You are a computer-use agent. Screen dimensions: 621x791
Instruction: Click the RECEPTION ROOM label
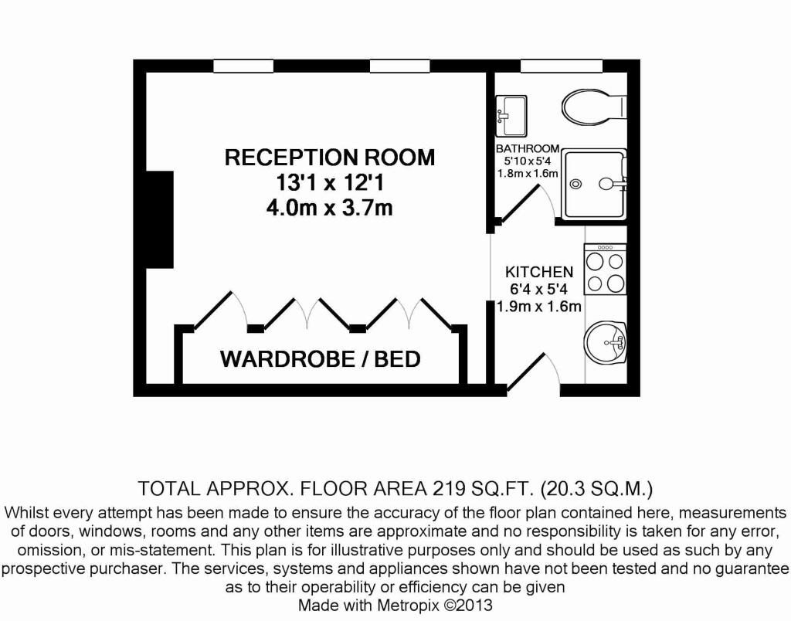pos(330,158)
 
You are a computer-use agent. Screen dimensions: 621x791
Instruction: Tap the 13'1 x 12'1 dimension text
pos(330,184)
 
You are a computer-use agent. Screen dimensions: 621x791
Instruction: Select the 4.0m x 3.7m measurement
pos(330,209)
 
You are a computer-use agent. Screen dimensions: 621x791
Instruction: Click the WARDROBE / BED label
pos(321,359)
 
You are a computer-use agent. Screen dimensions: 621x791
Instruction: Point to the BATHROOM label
pos(528,148)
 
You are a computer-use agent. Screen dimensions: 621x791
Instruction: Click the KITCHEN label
pos(539,272)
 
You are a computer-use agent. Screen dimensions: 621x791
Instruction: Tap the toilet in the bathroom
pos(593,107)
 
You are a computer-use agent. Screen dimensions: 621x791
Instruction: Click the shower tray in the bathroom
pos(593,184)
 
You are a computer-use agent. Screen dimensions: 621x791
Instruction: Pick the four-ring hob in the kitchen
pos(605,270)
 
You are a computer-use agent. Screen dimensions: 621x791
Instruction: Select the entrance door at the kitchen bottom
pos(530,374)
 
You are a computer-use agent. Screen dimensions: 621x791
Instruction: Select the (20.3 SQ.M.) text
pos(597,488)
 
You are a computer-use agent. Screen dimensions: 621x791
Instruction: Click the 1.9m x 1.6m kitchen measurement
pos(539,307)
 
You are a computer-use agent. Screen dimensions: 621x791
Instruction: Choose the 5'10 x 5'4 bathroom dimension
pos(528,161)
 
